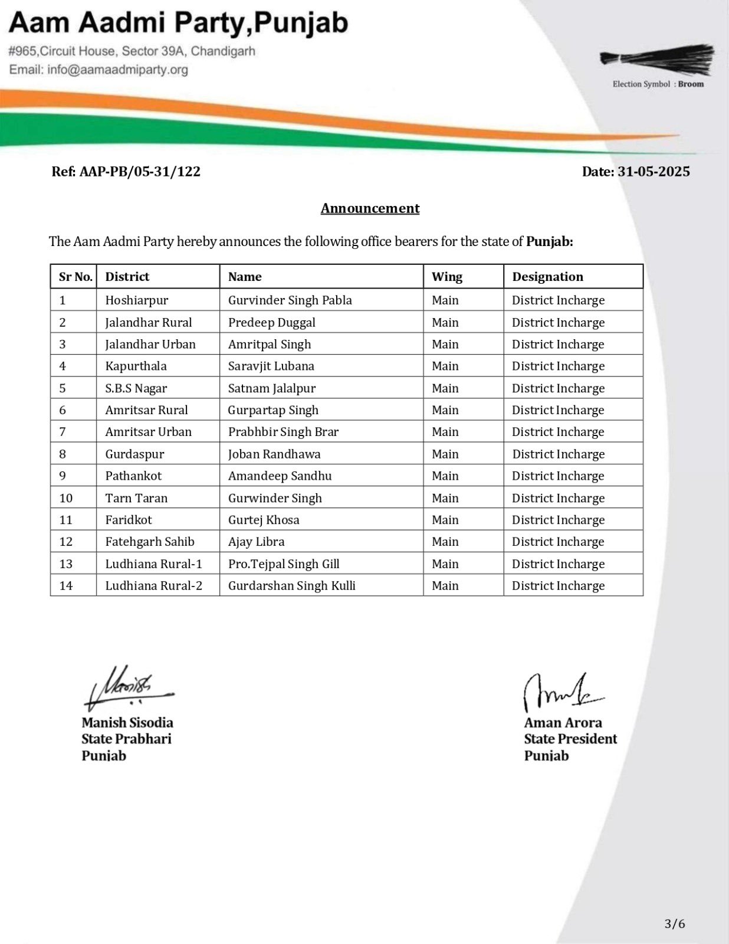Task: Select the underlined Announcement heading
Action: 370,208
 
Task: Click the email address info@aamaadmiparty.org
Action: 98,70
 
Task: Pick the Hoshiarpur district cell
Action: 137,300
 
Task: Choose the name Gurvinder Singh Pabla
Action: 290,300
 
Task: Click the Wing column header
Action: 446,277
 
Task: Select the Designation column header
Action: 547,277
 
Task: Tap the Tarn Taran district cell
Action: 136,498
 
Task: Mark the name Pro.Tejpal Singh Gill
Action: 284,564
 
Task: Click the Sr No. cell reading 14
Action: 66,586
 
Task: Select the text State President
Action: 570,739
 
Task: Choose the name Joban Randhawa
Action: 274,454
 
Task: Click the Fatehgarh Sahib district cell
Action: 150,542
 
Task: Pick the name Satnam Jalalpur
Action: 272,388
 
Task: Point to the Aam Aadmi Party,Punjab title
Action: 178,24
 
